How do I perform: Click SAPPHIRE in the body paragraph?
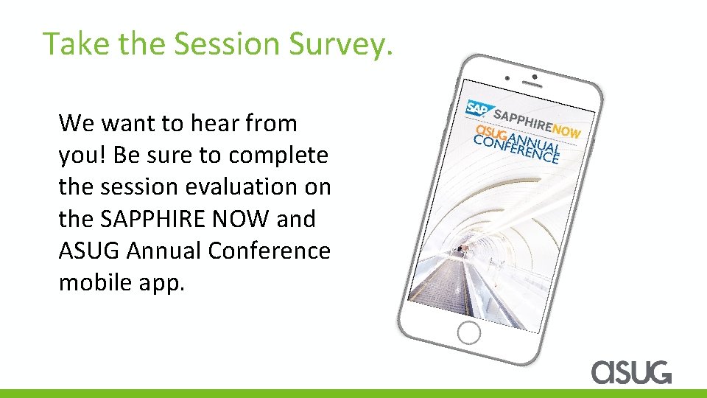point(168,219)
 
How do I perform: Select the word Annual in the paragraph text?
point(164,251)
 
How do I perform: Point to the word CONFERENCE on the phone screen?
point(516,147)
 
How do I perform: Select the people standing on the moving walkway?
point(462,250)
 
